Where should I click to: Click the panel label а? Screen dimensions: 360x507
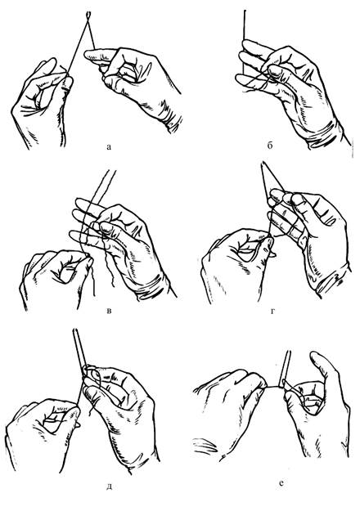click(x=109, y=147)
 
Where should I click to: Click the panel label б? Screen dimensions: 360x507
click(x=270, y=146)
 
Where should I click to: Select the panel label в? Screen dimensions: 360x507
click(x=109, y=312)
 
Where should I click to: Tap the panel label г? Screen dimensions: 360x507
click(x=272, y=312)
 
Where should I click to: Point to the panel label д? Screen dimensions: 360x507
click(x=109, y=486)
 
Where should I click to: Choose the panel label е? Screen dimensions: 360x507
click(x=281, y=483)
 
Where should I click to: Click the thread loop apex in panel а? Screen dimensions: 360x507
click(x=88, y=14)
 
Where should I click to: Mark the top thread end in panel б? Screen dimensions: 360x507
click(x=245, y=11)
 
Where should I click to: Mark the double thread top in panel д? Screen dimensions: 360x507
click(x=76, y=331)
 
